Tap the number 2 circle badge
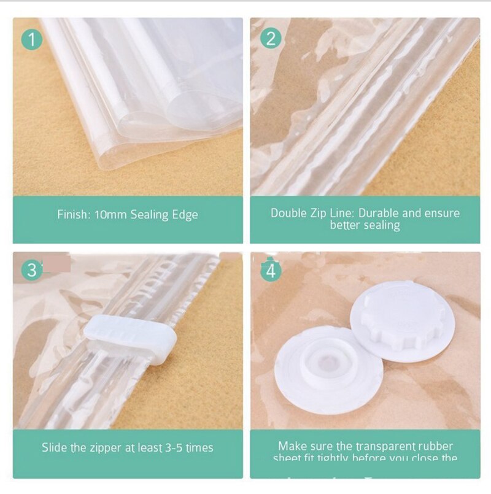pos(270,38)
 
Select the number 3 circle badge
pos(32,270)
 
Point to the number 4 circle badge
pos(270,270)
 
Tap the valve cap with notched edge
pos(402,315)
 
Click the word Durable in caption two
pos(380,214)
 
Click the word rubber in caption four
pos(439,446)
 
